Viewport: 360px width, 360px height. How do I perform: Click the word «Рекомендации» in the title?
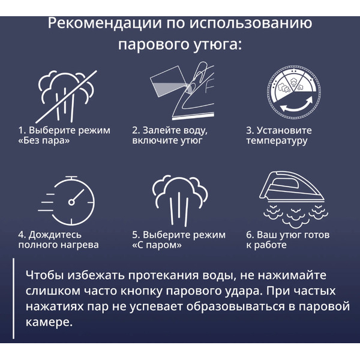tap(104, 23)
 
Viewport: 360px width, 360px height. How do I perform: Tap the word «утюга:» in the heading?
tap(217, 44)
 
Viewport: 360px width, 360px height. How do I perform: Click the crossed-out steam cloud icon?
tap(67, 97)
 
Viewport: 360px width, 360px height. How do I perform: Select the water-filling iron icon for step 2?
tap(182, 91)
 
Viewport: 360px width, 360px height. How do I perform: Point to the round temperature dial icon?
tap(294, 92)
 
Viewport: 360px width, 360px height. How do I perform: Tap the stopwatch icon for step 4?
tap(67, 200)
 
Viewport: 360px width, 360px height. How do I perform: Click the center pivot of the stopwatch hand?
tap(71, 202)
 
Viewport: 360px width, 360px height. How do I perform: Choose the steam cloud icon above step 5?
tap(180, 200)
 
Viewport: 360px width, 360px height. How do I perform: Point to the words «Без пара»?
tap(44, 140)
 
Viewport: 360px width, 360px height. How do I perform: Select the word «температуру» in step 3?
tap(277, 141)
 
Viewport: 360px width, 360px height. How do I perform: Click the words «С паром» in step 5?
tap(157, 245)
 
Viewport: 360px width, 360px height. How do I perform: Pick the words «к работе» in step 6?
tap(266, 245)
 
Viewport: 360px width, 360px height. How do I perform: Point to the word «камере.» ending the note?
tap(49, 322)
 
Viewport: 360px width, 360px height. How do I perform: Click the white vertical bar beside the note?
tap(13, 298)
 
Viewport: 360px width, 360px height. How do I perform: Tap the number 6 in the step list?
tap(249, 235)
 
